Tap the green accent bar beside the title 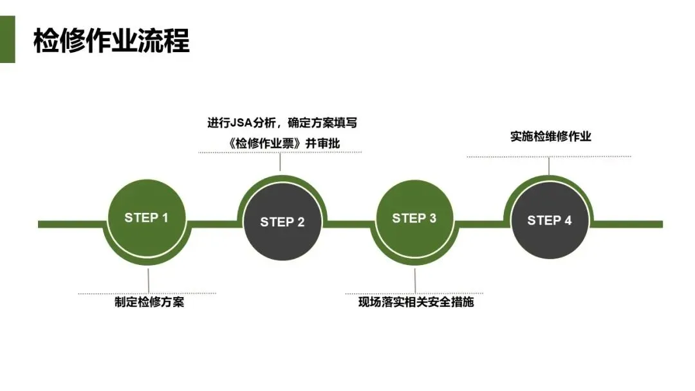point(7,40)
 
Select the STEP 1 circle point(147,218)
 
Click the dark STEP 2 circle point(283,223)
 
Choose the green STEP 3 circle point(414,219)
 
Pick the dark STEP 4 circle point(550,221)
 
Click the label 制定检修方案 point(149,302)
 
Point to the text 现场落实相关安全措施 point(416,302)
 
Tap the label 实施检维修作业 point(550,136)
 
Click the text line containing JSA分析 point(282,123)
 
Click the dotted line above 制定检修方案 point(147,293)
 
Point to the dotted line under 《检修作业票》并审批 point(280,152)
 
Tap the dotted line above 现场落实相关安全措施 point(414,293)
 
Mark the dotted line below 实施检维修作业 point(549,156)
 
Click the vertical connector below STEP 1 point(149,280)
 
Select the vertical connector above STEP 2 point(280,162)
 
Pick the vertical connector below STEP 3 point(414,280)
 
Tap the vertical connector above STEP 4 point(549,166)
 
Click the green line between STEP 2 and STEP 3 point(348,224)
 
